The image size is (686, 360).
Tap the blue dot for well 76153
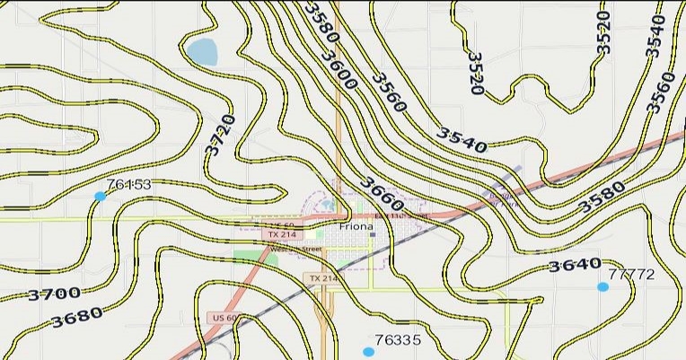coord(100,196)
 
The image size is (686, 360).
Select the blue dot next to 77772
coord(602,286)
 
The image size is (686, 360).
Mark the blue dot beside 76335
coord(368,351)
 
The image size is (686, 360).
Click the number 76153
coord(128,185)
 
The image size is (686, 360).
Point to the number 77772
coord(631,274)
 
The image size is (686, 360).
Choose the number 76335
coord(398,340)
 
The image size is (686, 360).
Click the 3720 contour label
coord(221,135)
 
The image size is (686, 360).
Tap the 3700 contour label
coord(54,294)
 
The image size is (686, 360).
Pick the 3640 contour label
coord(575,265)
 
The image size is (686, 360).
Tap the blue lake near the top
coord(202,52)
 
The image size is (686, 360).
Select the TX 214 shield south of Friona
coord(323,279)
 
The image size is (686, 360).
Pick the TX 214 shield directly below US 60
coord(281,234)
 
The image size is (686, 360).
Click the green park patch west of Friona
coord(243,256)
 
